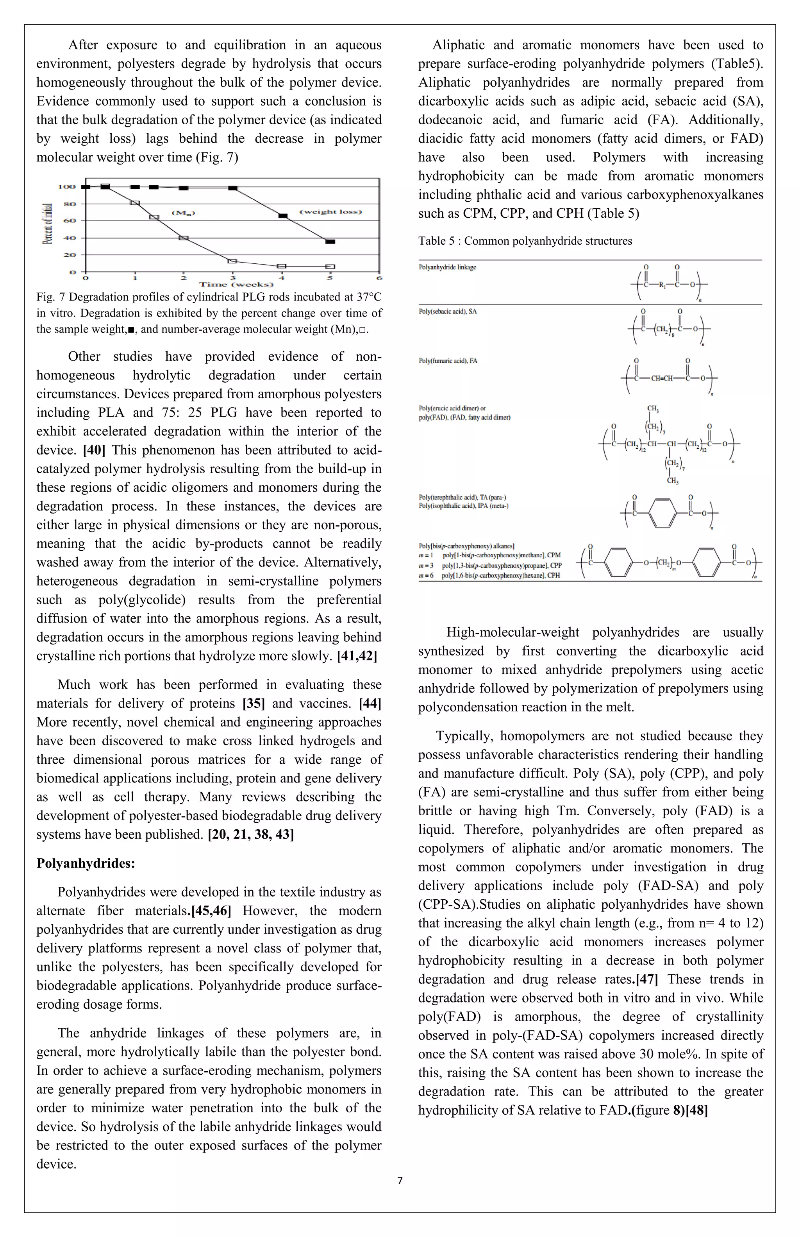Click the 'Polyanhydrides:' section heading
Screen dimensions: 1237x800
coord(86,863)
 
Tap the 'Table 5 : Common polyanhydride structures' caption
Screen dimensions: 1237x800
coord(525,241)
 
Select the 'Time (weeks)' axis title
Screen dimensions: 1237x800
coord(236,284)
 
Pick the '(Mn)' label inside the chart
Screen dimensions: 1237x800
coord(183,213)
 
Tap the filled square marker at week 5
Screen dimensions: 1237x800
coord(330,242)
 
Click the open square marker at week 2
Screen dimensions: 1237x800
coord(183,238)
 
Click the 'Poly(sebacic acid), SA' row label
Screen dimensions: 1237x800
coord(448,311)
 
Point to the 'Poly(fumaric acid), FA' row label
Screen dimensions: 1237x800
coord(448,361)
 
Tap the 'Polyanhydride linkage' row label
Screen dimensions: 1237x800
coord(447,267)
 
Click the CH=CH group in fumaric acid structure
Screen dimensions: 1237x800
coord(661,378)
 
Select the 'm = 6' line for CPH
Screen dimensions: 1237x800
coord(490,575)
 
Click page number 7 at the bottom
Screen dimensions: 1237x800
coord(400,1180)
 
